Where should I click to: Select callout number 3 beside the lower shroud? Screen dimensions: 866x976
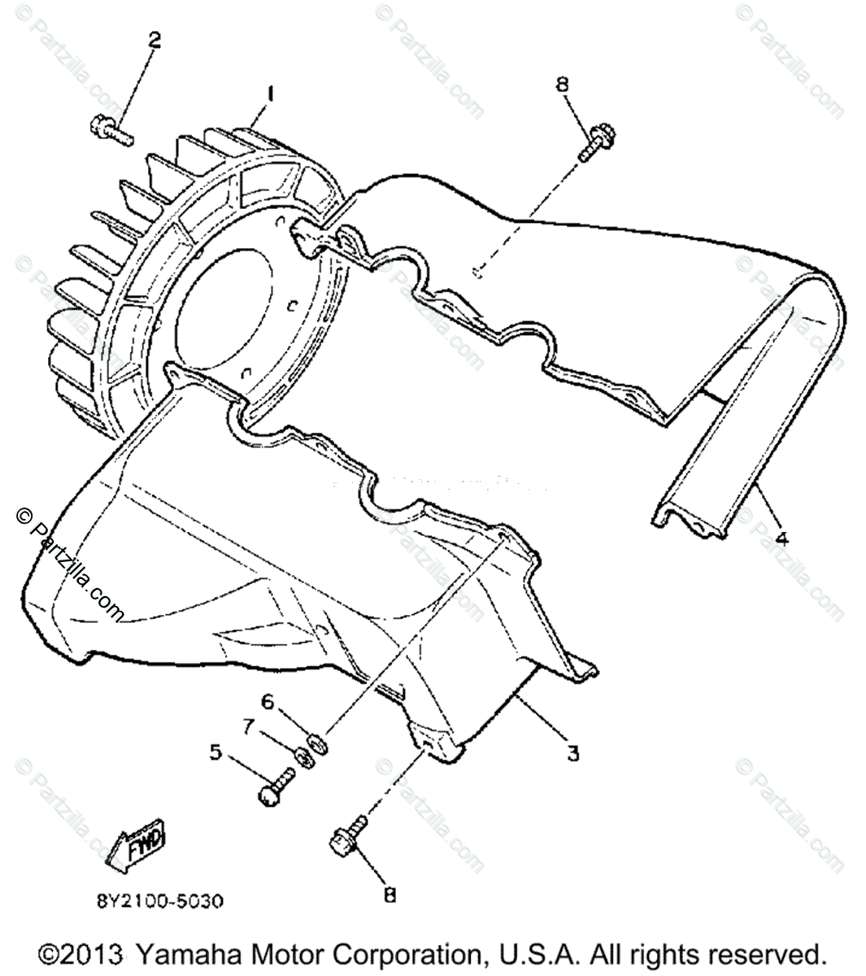(x=572, y=754)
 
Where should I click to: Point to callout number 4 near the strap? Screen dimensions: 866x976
(x=782, y=538)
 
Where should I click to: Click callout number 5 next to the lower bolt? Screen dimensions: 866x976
(x=215, y=752)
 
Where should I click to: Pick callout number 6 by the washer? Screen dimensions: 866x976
(x=268, y=701)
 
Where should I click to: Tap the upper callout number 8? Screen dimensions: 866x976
(x=585, y=84)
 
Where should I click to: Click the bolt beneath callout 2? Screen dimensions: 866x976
(x=109, y=129)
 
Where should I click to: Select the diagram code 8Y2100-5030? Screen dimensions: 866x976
(x=159, y=901)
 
